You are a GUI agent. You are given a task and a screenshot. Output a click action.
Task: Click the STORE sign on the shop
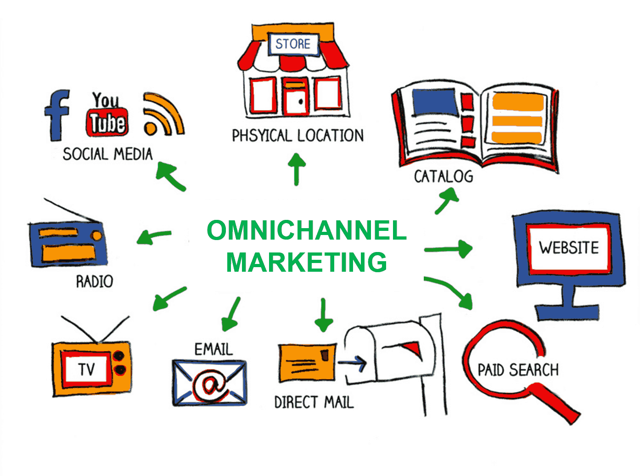293,44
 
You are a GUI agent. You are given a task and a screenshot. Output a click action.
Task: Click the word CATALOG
443,176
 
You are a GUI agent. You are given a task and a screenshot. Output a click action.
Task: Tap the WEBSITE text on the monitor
569,248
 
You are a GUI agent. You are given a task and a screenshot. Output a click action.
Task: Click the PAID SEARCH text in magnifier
518,370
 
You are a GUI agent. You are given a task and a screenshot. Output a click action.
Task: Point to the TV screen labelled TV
86,369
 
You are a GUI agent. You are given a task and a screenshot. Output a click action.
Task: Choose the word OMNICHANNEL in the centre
306,230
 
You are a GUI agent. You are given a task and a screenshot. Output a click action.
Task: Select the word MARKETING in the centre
306,262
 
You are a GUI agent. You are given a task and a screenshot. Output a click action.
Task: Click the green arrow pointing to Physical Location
297,168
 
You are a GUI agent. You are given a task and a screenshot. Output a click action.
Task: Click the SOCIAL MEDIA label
107,154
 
